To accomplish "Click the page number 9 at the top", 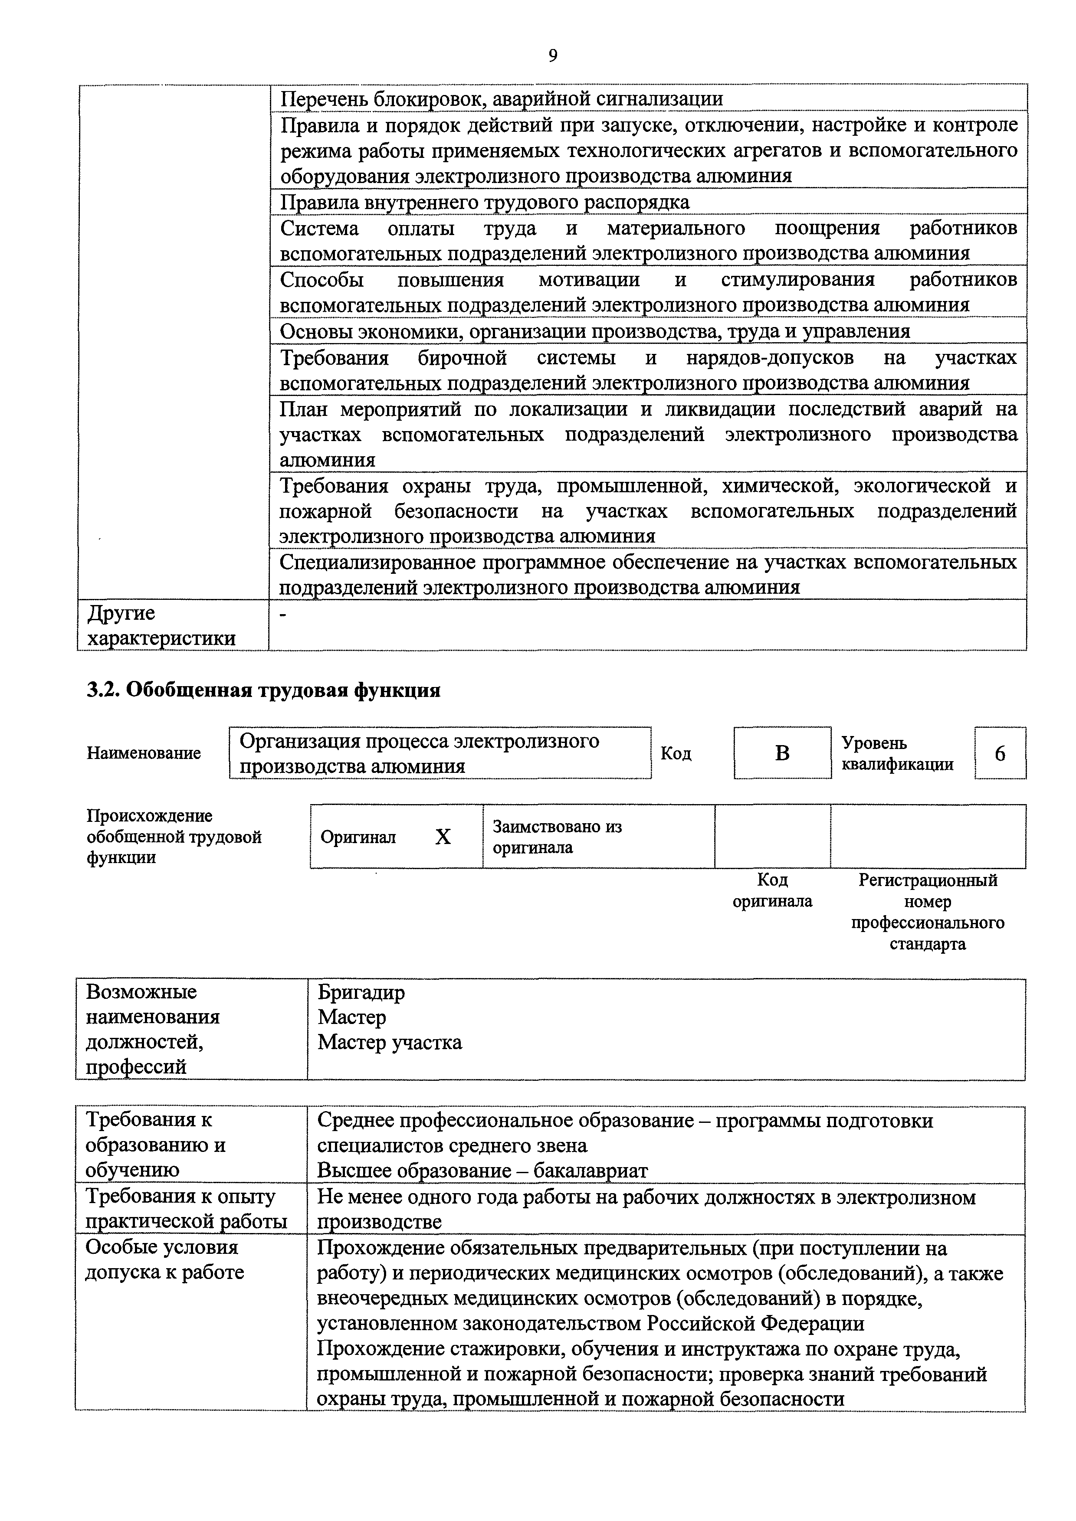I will coord(553,56).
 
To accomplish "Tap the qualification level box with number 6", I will coord(1000,753).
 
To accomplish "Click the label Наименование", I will coord(144,753).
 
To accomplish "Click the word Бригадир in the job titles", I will coord(361,992).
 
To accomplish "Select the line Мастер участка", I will coord(390,1043).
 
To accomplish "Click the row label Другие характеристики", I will coord(161,625).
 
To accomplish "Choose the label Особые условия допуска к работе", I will coord(164,1260).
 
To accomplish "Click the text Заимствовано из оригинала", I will coord(557,837).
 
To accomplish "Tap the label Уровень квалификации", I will coord(897,753).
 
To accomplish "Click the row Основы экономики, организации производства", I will coord(594,330).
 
